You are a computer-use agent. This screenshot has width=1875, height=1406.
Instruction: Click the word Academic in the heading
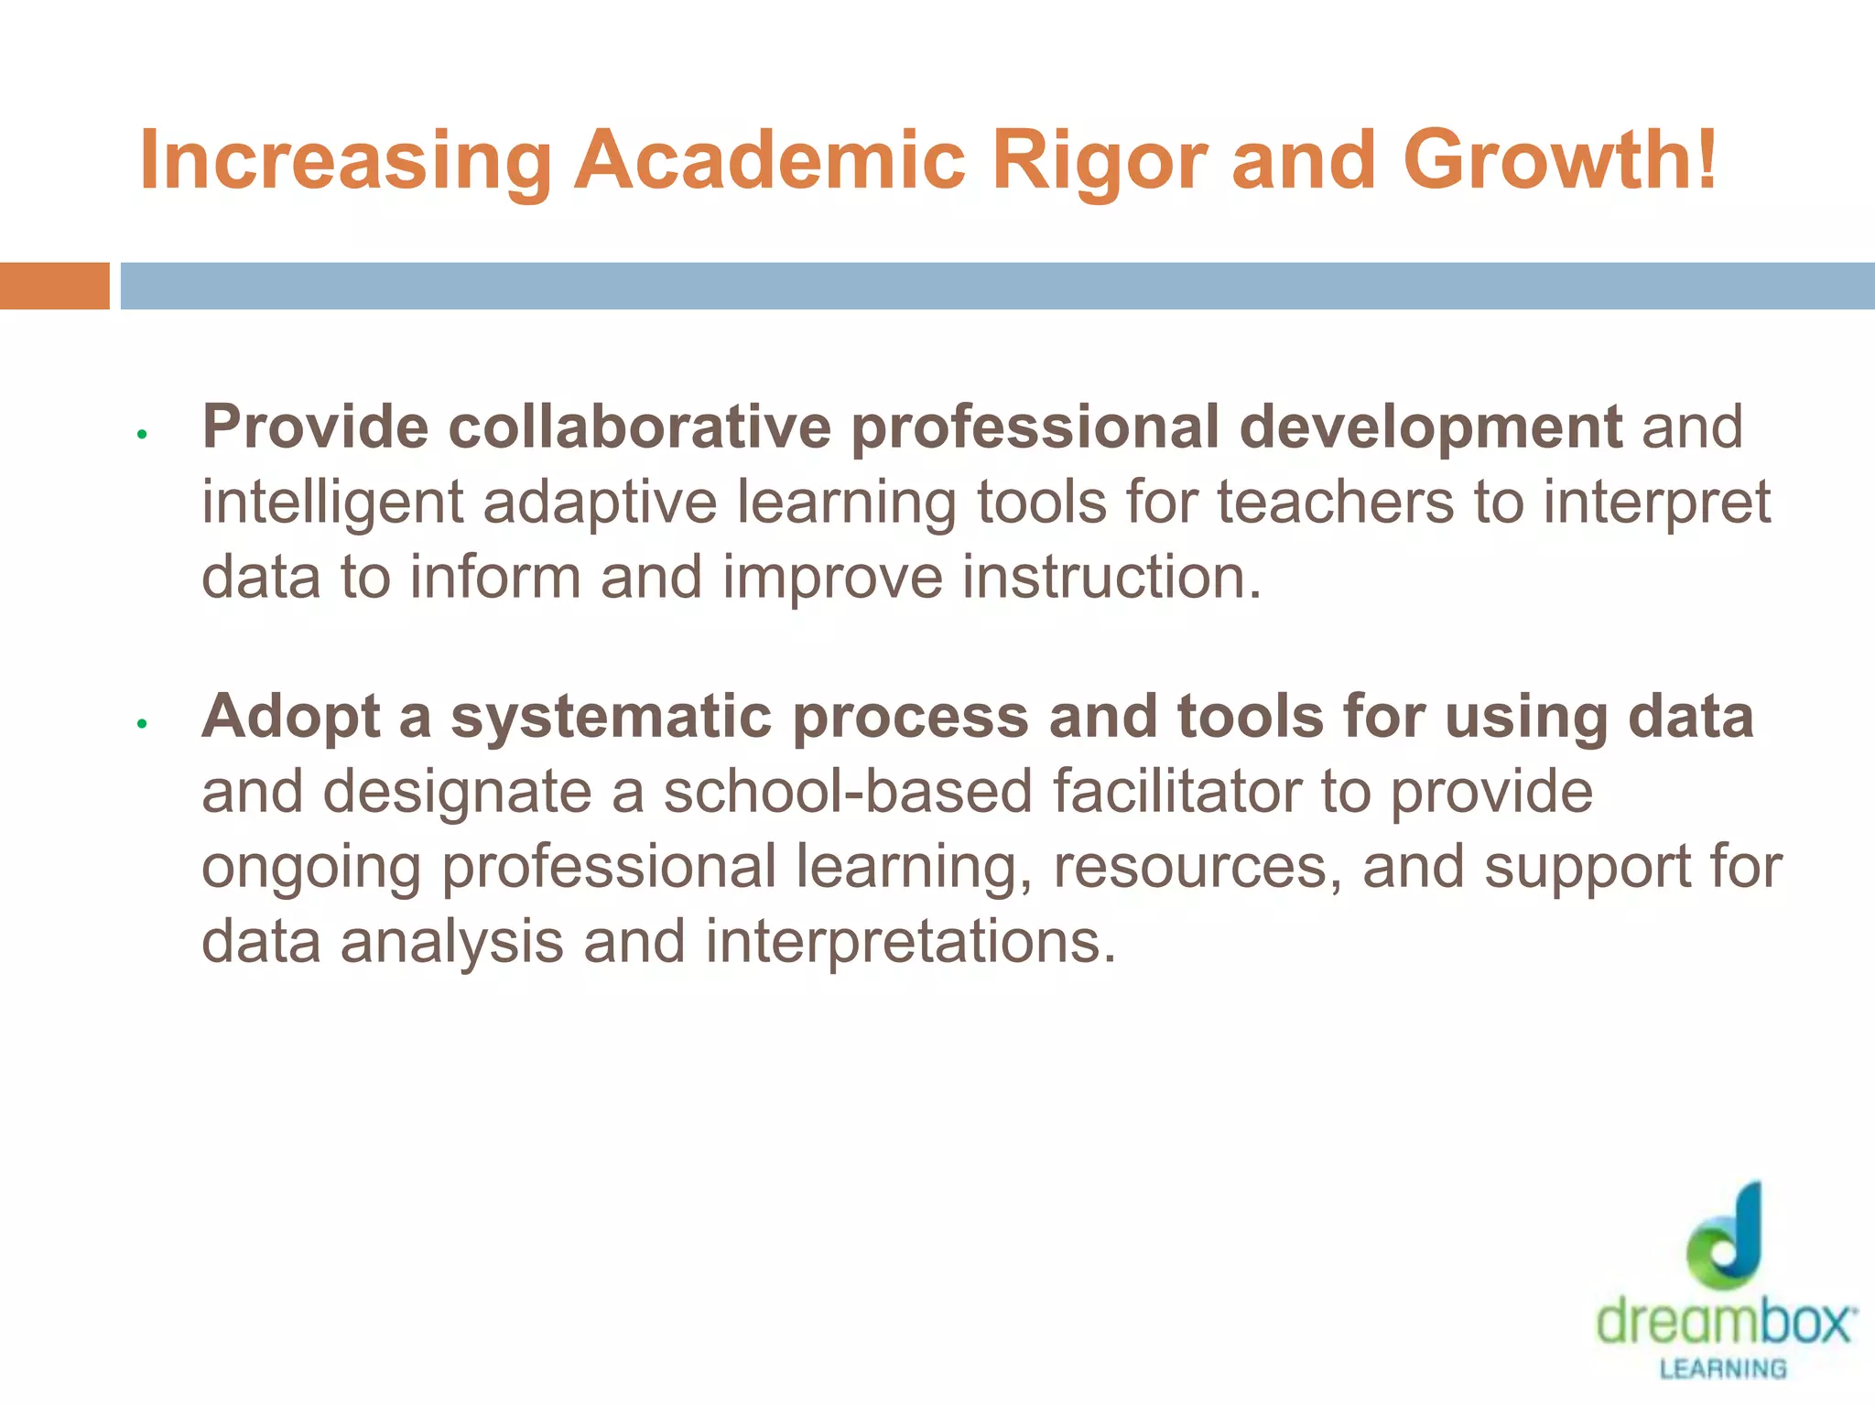coord(770,161)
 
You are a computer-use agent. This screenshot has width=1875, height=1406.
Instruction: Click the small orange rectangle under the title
coord(54,286)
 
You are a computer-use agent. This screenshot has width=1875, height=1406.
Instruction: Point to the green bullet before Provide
coord(142,434)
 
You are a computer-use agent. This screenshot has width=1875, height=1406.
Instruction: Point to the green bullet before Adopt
coord(142,724)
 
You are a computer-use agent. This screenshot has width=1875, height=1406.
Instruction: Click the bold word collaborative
coord(639,427)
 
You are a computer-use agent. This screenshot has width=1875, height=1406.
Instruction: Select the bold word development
coord(1430,427)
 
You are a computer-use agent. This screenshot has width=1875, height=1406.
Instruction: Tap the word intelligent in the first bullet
coord(332,503)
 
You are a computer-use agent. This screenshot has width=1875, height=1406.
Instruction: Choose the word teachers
coord(1335,503)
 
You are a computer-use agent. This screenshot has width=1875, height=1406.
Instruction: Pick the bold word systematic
coord(612,717)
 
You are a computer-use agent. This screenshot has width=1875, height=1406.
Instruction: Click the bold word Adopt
coord(290,717)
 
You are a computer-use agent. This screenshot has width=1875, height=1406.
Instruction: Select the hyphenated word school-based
coord(848,792)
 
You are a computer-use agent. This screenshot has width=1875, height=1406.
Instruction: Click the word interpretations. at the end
coord(911,942)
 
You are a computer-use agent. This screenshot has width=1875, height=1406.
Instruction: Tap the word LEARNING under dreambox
coord(1723,1369)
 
